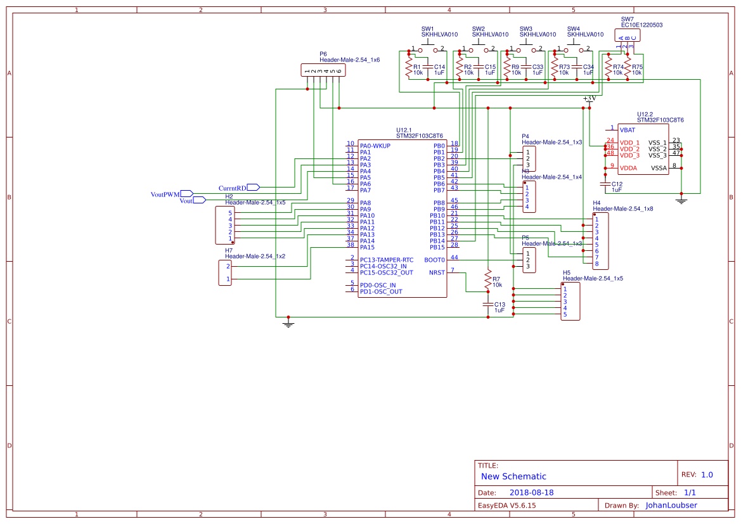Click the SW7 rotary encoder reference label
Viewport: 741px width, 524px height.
click(x=627, y=19)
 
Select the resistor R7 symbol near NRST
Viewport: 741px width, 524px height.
click(x=487, y=280)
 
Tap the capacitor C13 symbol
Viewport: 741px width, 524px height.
click(x=487, y=305)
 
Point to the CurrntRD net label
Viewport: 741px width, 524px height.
click(x=232, y=188)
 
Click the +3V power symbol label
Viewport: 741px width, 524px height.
click(x=590, y=99)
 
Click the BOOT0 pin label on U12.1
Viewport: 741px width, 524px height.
click(x=434, y=260)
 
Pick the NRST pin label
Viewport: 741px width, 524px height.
click(x=437, y=272)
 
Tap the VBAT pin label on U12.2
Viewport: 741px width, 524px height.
click(x=628, y=130)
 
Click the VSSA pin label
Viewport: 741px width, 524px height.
click(x=659, y=168)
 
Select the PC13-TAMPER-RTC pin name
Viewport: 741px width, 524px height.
click(x=386, y=260)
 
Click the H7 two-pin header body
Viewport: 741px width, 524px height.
click(x=225, y=272)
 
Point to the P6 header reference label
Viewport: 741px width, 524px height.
click(x=323, y=54)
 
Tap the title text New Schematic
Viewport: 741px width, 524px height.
click(x=513, y=476)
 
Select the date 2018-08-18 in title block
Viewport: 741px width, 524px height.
click(x=531, y=492)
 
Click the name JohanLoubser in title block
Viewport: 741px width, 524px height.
click(x=671, y=506)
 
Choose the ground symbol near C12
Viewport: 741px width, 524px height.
click(x=681, y=201)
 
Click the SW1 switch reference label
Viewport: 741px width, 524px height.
click(x=428, y=29)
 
